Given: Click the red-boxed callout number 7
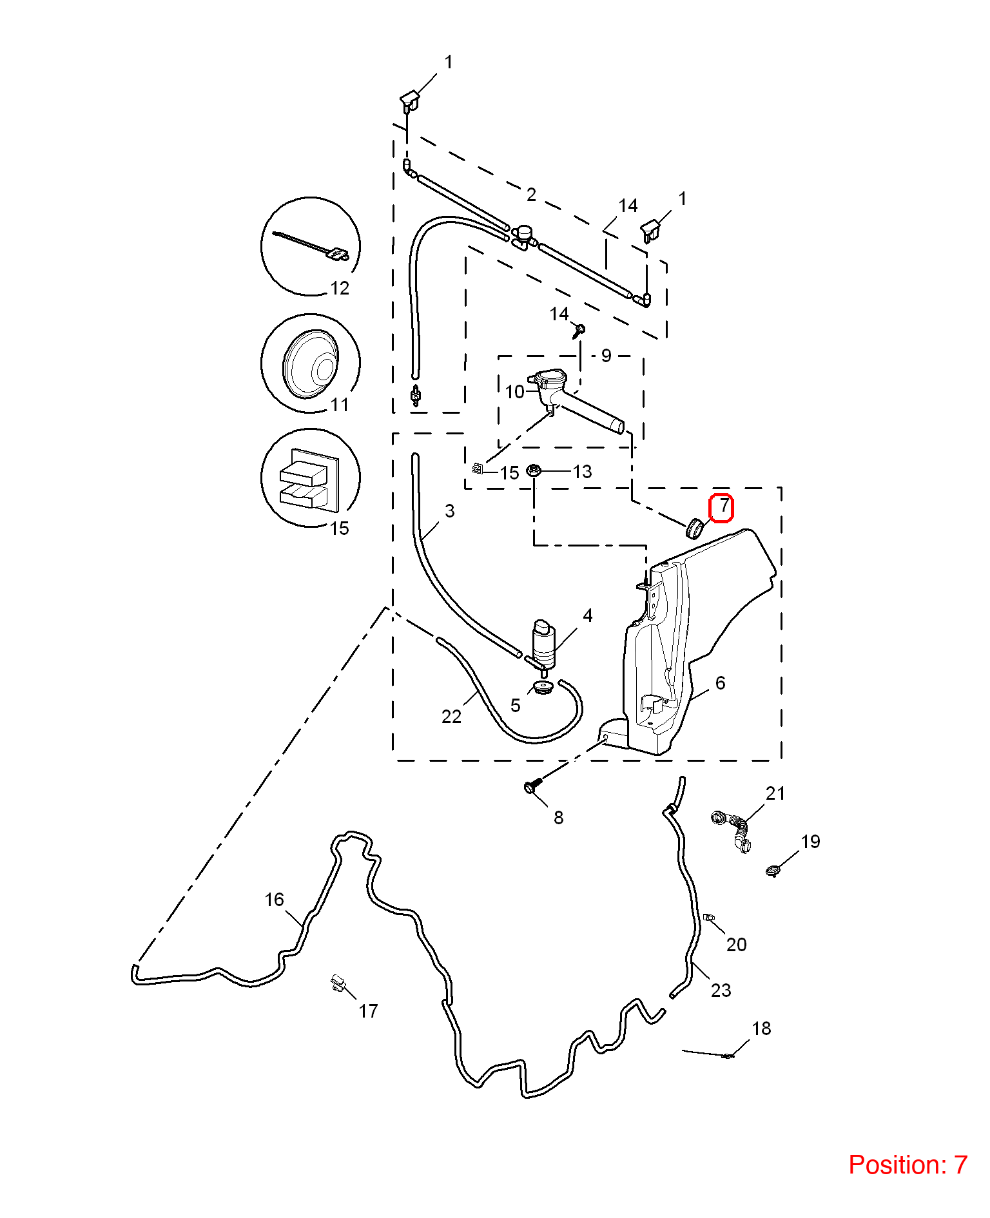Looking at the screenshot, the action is pos(724,507).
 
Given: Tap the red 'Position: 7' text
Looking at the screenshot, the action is pos(907,1165).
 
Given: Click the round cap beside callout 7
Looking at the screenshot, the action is pos(694,528).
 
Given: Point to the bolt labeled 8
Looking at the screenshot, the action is pos(532,786).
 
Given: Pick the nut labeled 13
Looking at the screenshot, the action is pos(533,470).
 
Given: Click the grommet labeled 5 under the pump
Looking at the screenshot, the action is pos(543,687).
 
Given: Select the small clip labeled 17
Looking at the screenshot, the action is pos(338,983).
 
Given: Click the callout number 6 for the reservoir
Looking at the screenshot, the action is pos(720,683).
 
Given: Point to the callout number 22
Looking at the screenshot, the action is pos(451,717).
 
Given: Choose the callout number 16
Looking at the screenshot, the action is pos(274,900).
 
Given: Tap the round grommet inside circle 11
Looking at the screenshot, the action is pos(310,364).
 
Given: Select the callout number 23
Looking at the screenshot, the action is pos(721,991).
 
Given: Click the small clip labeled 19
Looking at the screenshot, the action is pos(773,871).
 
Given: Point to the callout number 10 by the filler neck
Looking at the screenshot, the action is pos(515,392).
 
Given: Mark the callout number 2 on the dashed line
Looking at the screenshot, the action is pos(531,195).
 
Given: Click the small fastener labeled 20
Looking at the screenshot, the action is pos(708,917).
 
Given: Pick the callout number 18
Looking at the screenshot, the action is pos(761,1029).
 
